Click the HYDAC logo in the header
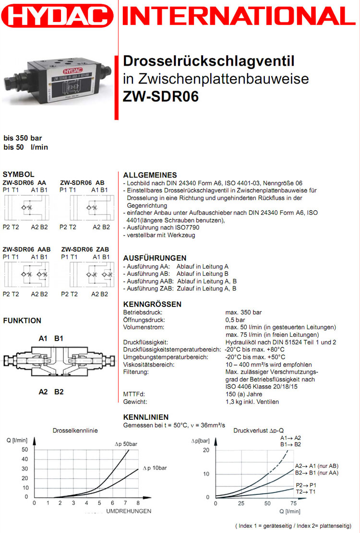57,18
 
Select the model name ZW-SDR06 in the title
160,96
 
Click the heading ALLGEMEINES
150,175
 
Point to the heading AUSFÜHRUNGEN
155,258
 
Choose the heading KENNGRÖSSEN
152,304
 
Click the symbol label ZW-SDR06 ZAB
85,249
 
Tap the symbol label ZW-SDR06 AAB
26,249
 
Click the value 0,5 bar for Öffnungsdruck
235,320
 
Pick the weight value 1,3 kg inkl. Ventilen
252,402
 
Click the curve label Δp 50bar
126,445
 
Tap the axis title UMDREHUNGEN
128,510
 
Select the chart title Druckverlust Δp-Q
259,430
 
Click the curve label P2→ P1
306,485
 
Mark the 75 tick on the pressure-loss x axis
293,503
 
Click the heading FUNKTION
22,320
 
